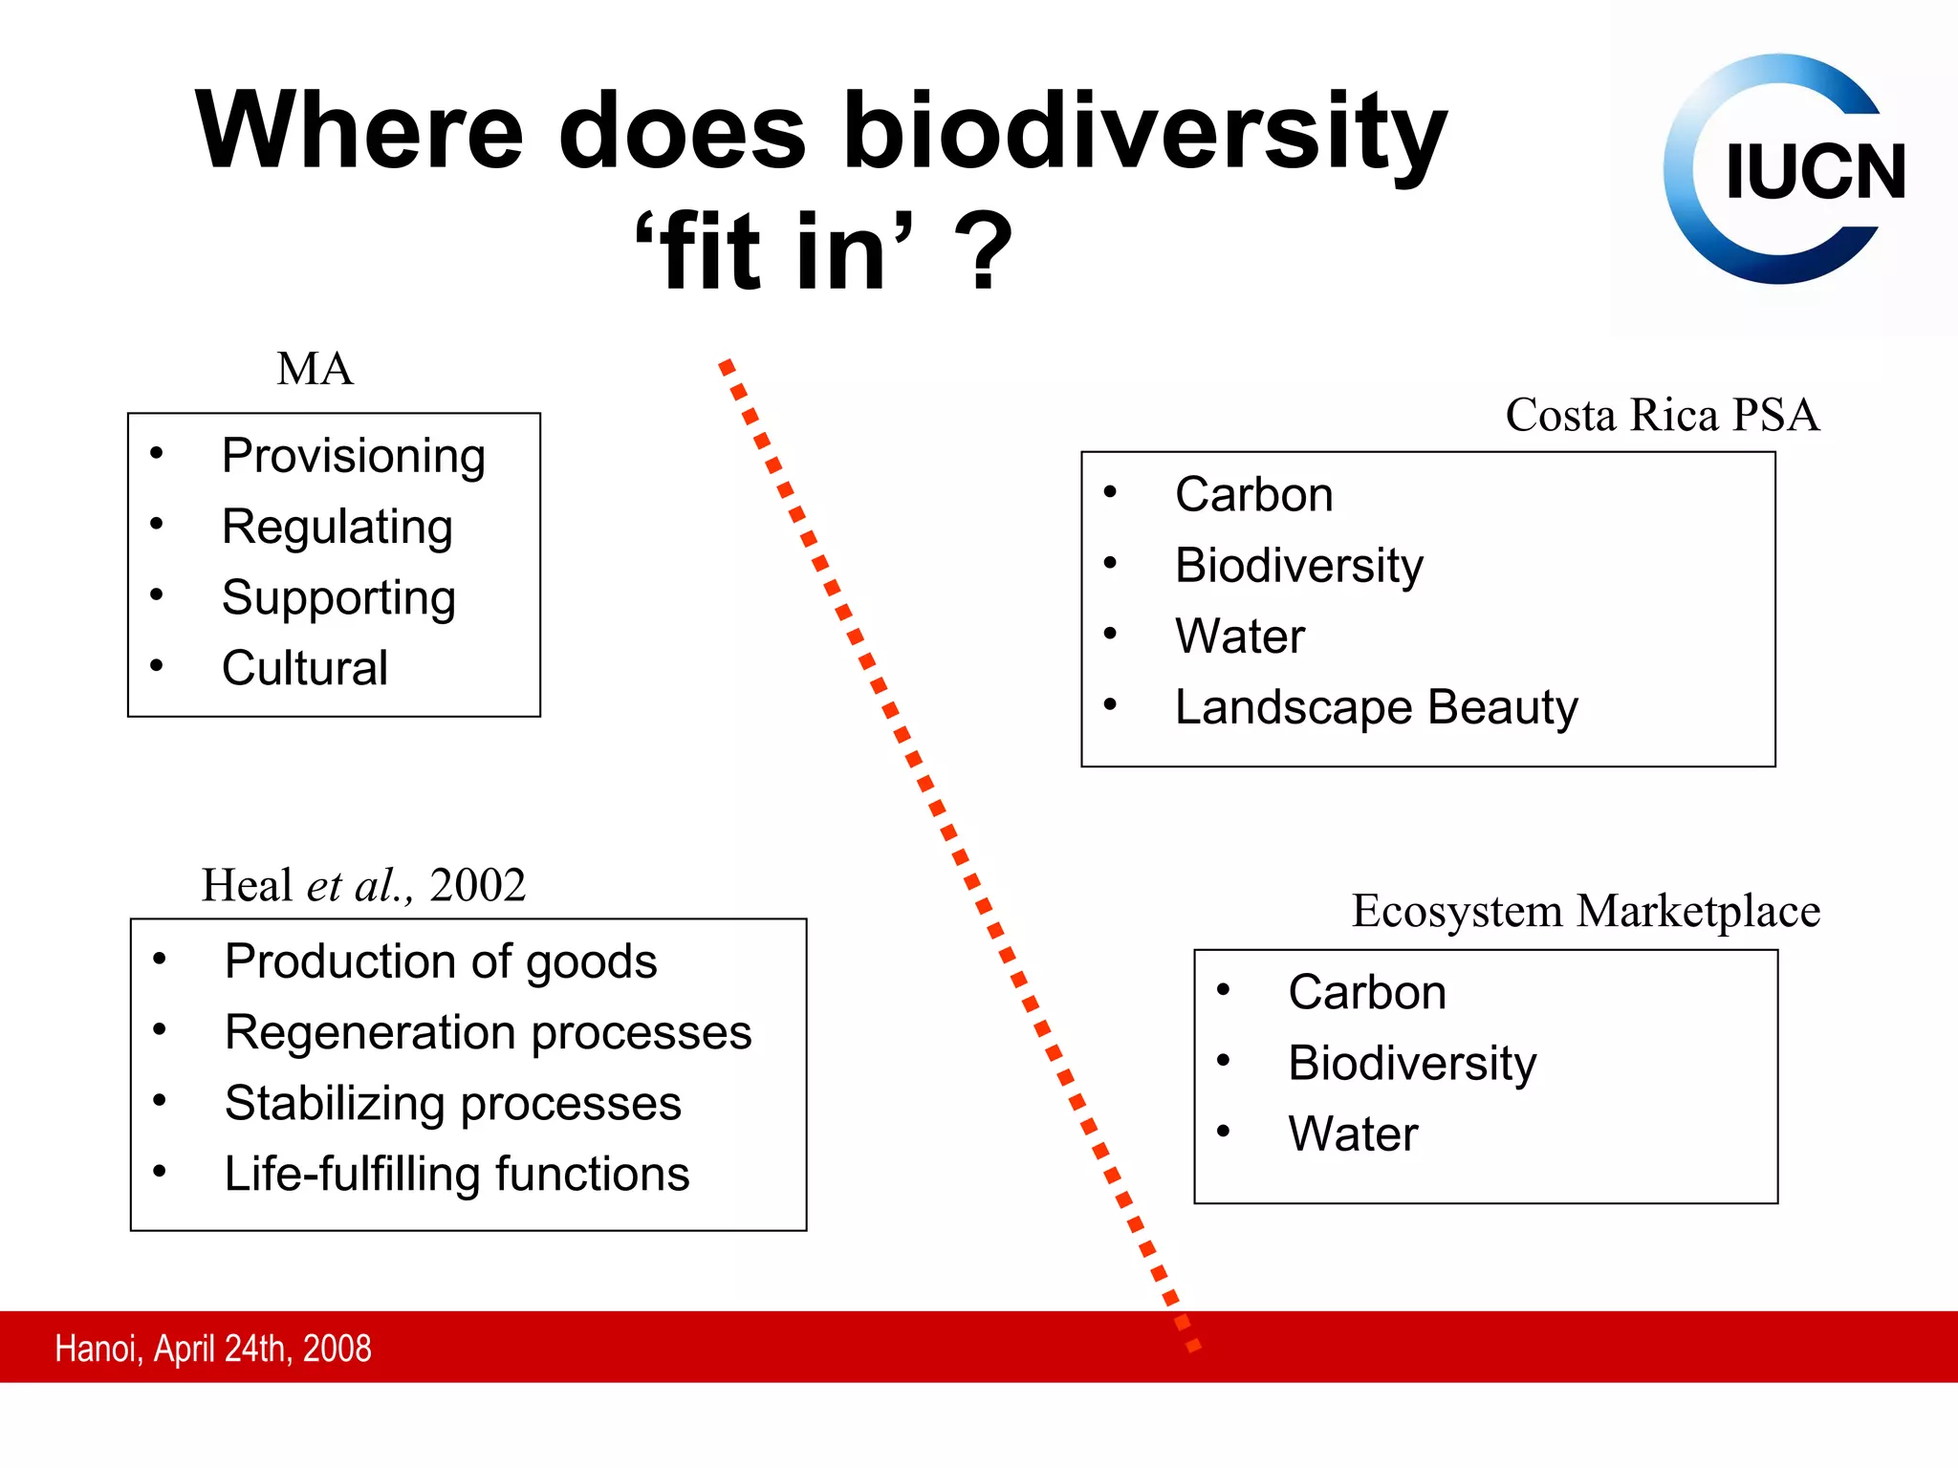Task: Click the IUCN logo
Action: click(x=1782, y=169)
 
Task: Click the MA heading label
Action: click(x=315, y=369)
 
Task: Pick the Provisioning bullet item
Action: click(x=353, y=456)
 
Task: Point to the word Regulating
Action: click(x=337, y=527)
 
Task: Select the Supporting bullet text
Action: click(x=338, y=598)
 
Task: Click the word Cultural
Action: click(x=304, y=668)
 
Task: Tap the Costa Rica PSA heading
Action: click(x=1662, y=415)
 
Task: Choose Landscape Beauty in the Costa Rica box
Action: click(x=1375, y=708)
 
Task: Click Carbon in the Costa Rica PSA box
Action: click(x=1253, y=495)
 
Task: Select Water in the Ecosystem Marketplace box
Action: click(x=1352, y=1134)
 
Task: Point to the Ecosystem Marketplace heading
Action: click(x=1585, y=911)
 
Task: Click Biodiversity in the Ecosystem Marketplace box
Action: click(x=1411, y=1064)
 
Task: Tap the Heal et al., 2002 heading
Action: click(x=363, y=885)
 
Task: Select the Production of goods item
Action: click(x=440, y=961)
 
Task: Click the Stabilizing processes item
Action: click(x=452, y=1104)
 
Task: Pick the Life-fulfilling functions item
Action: click(x=456, y=1175)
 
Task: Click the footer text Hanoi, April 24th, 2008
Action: click(x=213, y=1349)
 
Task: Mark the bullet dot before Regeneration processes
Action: click(x=160, y=1029)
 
